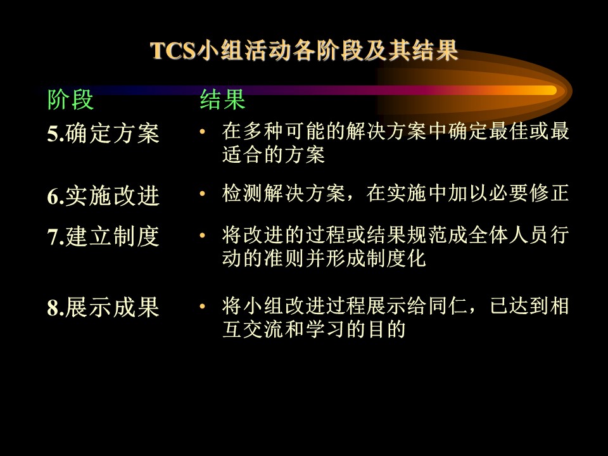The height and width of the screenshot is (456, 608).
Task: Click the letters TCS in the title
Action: (x=172, y=51)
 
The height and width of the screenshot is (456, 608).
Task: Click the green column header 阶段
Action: (x=70, y=99)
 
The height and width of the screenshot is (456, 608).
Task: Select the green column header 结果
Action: (x=222, y=99)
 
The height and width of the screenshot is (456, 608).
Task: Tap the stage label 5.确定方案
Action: (x=103, y=134)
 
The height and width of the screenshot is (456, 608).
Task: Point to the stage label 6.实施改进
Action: (x=103, y=196)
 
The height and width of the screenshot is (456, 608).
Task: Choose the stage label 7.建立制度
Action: (x=103, y=236)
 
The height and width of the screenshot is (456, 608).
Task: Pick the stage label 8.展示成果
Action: (x=103, y=308)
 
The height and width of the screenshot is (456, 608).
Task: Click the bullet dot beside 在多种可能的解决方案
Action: (x=202, y=132)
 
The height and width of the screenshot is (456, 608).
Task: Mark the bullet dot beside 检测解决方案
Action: (x=202, y=193)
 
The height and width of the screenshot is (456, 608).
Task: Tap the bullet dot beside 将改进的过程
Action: (x=202, y=235)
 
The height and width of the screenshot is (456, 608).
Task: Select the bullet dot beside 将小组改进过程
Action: (x=202, y=307)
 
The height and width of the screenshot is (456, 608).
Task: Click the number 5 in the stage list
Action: (x=53, y=134)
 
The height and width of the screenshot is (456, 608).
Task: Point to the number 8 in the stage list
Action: (x=53, y=308)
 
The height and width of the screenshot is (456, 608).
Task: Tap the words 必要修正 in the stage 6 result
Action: (x=528, y=193)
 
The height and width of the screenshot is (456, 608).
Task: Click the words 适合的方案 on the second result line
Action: (x=274, y=155)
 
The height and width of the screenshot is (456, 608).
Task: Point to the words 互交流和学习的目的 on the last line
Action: (x=314, y=329)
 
